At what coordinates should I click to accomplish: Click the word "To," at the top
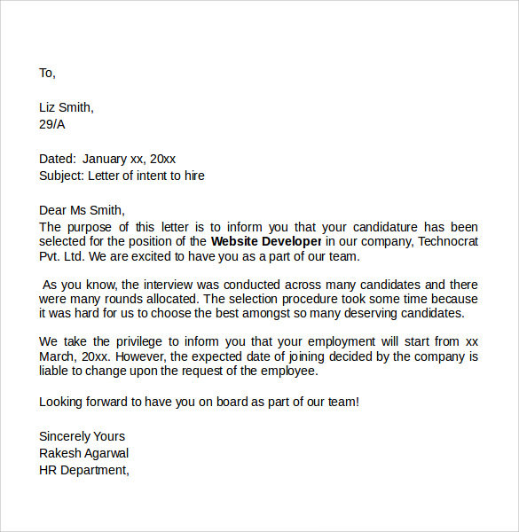click(x=47, y=73)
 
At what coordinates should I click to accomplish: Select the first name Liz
click(x=49, y=107)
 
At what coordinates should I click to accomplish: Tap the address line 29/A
click(x=51, y=124)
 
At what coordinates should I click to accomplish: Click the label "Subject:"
click(x=61, y=176)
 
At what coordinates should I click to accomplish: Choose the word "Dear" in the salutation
click(x=53, y=210)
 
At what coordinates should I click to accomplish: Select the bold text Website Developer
click(x=266, y=240)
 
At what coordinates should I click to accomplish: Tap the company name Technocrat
click(x=448, y=240)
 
